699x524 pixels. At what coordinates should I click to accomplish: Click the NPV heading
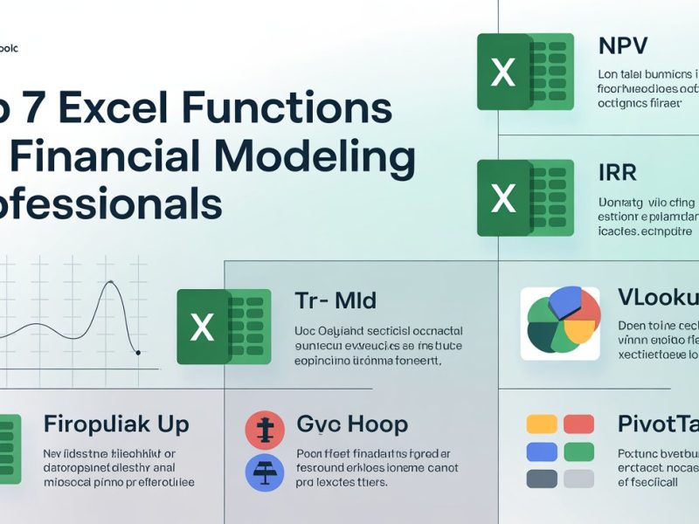pyautogui.click(x=626, y=46)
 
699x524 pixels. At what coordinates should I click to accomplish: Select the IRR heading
pyautogui.click(x=618, y=172)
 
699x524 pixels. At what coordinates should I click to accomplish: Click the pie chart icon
pyautogui.click(x=561, y=323)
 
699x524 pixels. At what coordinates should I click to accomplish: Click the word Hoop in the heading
pyautogui.click(x=375, y=425)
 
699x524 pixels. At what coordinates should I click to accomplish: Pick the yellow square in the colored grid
pyautogui.click(x=541, y=424)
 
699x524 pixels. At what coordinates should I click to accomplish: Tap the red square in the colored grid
pyautogui.click(x=578, y=424)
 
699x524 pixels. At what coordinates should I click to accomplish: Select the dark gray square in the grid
pyautogui.click(x=541, y=479)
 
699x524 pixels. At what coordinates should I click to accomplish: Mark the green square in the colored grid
pyautogui.click(x=578, y=452)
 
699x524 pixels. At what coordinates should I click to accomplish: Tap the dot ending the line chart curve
pyautogui.click(x=138, y=353)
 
